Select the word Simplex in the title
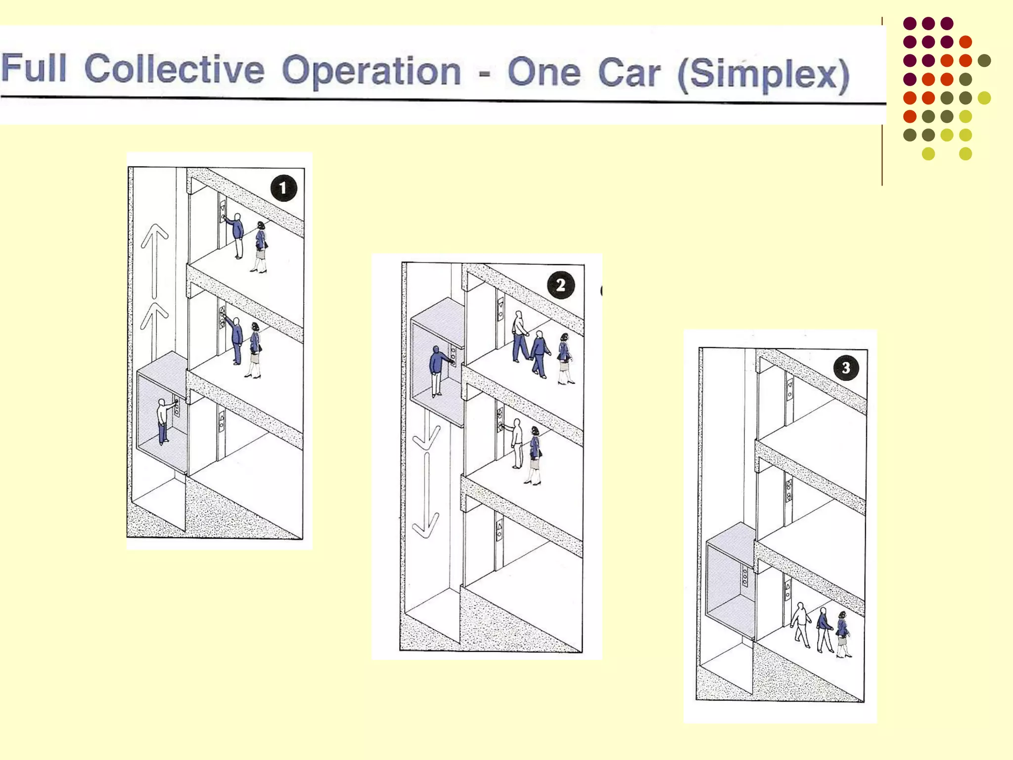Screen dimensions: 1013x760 pyautogui.click(x=764, y=75)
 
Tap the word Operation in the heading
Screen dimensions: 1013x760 pyautogui.click(x=371, y=71)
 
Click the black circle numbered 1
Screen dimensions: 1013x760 pyautogui.click(x=283, y=188)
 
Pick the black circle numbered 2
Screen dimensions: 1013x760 pyautogui.click(x=561, y=285)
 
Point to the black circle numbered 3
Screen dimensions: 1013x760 pyautogui.click(x=846, y=368)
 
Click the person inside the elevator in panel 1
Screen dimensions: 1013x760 pyautogui.click(x=165, y=421)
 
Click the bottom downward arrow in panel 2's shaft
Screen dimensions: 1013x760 pyautogui.click(x=425, y=495)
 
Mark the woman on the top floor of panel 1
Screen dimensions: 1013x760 pyautogui.click(x=260, y=247)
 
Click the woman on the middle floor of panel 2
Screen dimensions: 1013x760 pyautogui.click(x=534, y=455)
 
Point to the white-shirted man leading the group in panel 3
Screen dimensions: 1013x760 pyautogui.click(x=801, y=625)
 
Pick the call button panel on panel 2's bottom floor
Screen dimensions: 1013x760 pyautogui.click(x=499, y=530)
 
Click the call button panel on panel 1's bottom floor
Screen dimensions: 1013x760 pyautogui.click(x=222, y=421)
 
